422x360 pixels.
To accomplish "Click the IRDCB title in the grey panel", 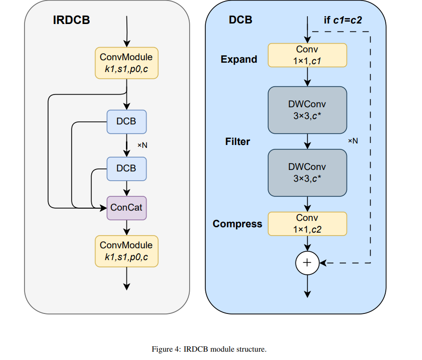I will (72, 21).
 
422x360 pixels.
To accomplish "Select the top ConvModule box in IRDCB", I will (126, 63).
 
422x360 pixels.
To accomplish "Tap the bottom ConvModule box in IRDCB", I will (126, 251).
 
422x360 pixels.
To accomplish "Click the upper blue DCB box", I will (126, 121).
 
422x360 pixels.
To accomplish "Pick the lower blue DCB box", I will (126, 168).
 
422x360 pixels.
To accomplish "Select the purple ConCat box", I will (126, 208).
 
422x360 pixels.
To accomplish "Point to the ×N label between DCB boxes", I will (142, 145).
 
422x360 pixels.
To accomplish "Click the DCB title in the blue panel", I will (241, 21).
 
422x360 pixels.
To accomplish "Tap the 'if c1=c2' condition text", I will (343, 21).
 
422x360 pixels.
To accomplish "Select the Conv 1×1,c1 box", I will (307, 55).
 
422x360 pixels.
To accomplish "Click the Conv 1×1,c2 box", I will (307, 223).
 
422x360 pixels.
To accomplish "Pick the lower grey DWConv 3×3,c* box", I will (307, 172).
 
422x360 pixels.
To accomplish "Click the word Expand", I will (239, 59).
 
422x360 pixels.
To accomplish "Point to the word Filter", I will (237, 142).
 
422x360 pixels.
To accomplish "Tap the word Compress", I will (237, 224).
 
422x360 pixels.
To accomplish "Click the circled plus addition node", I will (307, 263).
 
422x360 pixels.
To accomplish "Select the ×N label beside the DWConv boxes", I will (353, 141).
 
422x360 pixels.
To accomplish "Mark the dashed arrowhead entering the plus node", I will (324, 263).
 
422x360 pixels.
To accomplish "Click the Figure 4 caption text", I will (209, 349).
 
